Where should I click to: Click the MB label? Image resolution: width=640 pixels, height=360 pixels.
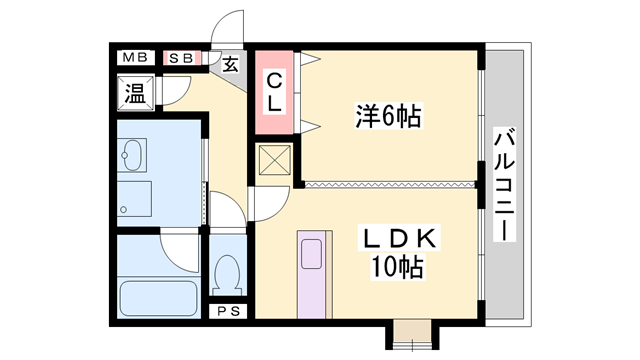(135, 58)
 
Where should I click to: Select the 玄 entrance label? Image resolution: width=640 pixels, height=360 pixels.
(230, 66)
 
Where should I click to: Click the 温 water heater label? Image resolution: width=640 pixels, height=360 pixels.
(135, 95)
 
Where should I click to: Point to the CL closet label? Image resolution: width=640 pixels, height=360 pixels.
(273, 91)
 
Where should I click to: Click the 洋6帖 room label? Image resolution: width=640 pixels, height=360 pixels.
(388, 117)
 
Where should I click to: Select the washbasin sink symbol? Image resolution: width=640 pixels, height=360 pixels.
(132, 155)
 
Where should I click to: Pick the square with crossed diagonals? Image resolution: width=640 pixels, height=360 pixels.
(272, 161)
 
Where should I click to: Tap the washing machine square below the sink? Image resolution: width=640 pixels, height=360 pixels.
(133, 197)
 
